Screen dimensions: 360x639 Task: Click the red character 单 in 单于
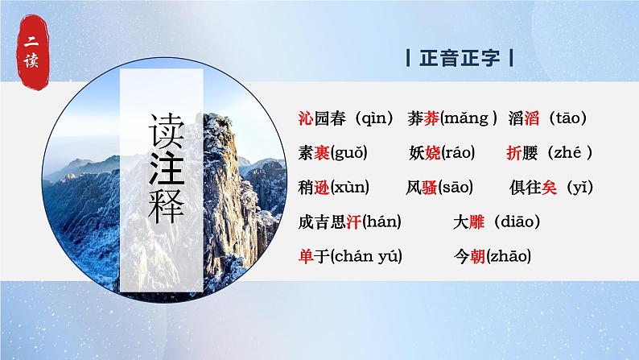pyautogui.click(x=304, y=256)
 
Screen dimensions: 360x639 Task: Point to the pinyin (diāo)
pyautogui.click(x=516, y=221)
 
